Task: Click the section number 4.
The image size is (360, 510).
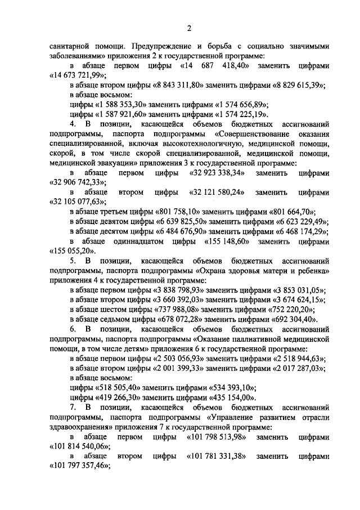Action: tap(72, 123)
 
